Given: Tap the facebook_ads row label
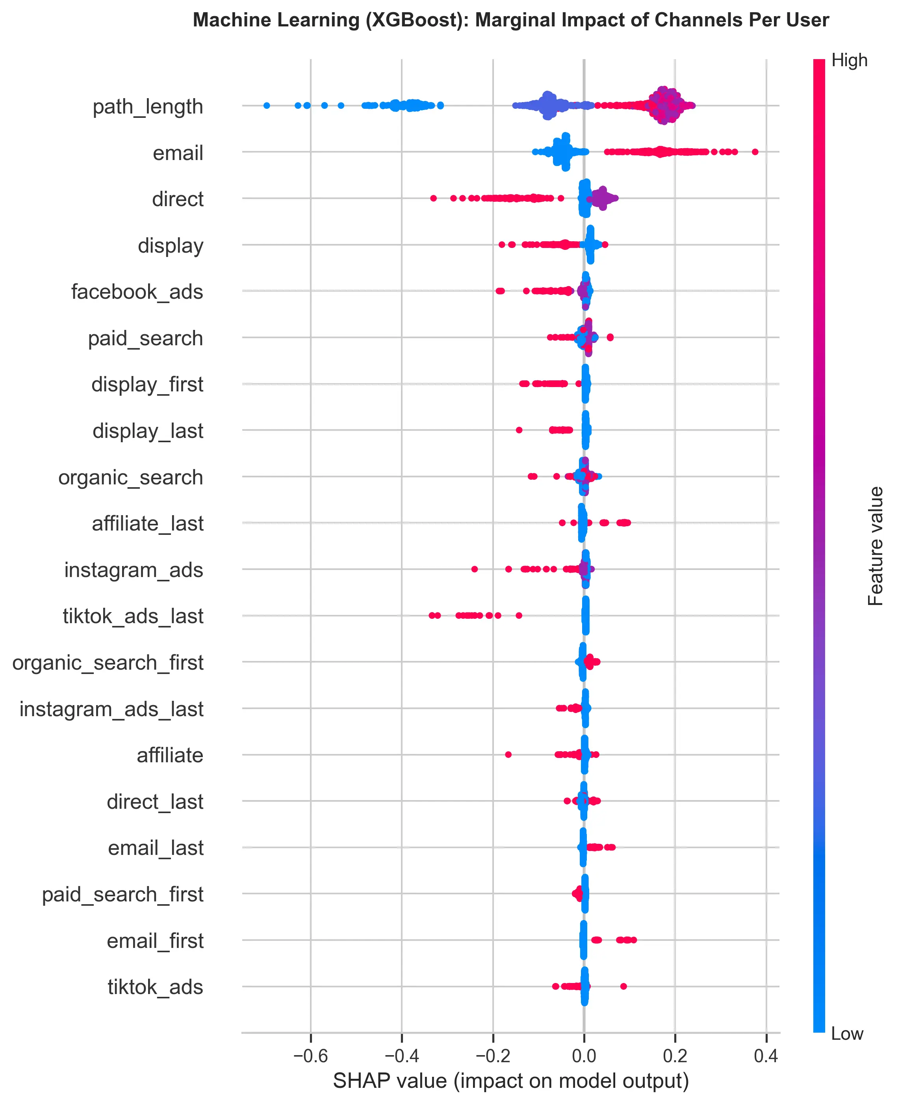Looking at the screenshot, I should tap(137, 292).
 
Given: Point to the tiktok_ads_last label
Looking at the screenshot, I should tap(133, 616).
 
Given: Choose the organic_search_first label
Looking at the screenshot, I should tap(108, 663).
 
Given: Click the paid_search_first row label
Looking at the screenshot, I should tap(122, 894).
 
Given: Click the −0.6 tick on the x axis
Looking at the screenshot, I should tap(310, 1056).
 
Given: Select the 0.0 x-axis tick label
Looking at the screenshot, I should tap(584, 1056).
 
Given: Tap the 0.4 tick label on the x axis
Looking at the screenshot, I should tap(766, 1056).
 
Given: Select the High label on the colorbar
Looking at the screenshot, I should tap(849, 61).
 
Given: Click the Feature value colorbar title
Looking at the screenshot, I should tap(875, 546).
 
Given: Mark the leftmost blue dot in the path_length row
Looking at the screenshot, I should tap(266, 106).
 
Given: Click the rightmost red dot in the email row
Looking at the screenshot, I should tap(755, 152).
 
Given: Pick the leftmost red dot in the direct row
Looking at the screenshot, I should tap(434, 198).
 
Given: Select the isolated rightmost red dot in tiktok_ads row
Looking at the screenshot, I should tap(623, 986).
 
